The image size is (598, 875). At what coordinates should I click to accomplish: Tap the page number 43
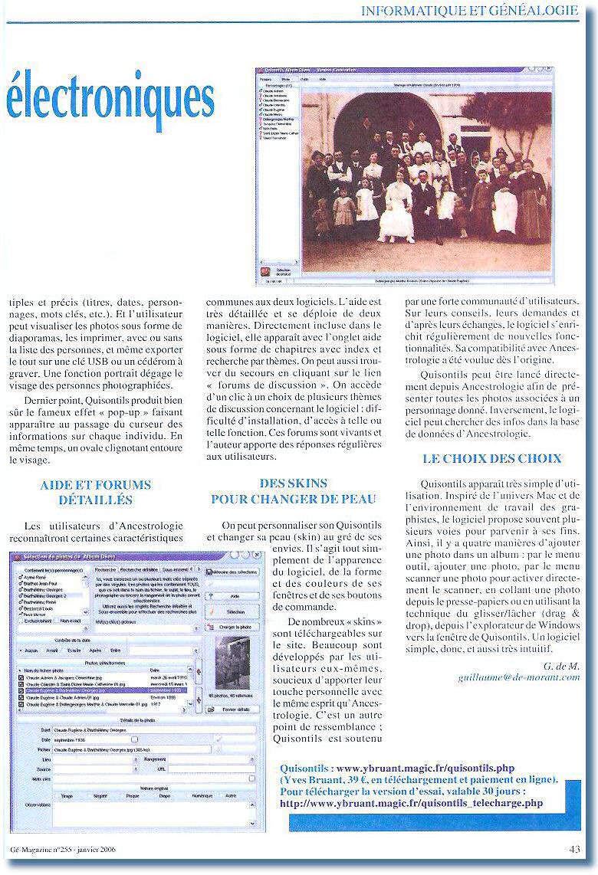(x=574, y=848)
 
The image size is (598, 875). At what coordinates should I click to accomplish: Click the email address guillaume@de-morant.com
(x=518, y=677)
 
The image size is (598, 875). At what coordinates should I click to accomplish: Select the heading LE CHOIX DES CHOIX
(x=491, y=459)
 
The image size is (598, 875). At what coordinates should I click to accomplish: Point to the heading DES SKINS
(x=293, y=483)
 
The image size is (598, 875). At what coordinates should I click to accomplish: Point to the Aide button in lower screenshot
(x=234, y=595)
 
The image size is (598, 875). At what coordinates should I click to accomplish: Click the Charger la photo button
(x=234, y=627)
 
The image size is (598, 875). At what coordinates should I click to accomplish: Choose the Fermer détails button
(x=234, y=710)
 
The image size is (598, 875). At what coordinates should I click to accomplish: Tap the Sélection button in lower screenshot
(x=234, y=612)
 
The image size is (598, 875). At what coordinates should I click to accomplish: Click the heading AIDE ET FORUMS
(x=95, y=485)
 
